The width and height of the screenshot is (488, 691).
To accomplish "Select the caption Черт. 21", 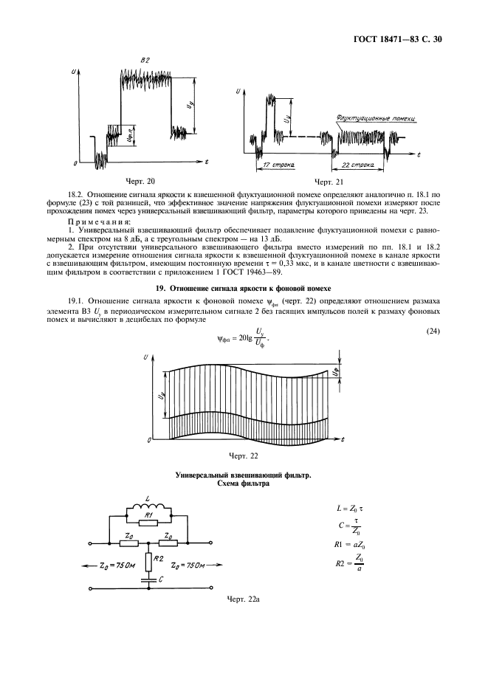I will coord(329,180).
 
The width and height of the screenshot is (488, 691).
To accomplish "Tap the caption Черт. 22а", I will coord(243,599).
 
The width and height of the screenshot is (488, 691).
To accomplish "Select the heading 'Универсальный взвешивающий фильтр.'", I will coord(243,476).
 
